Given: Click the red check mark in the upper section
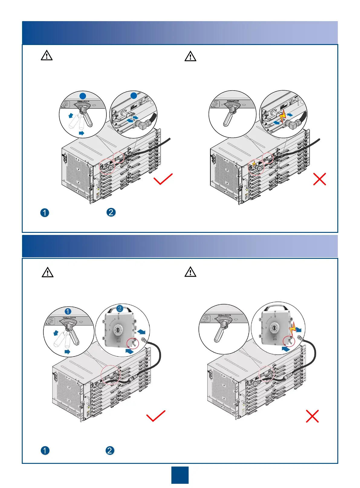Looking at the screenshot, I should click(x=163, y=179).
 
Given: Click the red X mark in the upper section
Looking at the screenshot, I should click(x=319, y=179).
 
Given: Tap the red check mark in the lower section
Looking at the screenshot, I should click(x=156, y=416).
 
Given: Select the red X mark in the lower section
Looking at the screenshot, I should click(x=312, y=416).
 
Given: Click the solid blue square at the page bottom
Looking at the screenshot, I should click(x=180, y=475).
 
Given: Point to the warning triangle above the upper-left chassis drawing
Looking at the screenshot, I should click(x=47, y=56).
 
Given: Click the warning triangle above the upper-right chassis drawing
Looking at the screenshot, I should click(x=190, y=56).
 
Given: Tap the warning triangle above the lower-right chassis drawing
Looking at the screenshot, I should click(x=190, y=272).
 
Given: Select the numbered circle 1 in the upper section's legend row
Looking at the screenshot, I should click(x=45, y=213).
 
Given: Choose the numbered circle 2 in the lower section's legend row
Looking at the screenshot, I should click(x=110, y=451).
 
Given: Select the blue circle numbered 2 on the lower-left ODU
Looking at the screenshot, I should click(x=120, y=308).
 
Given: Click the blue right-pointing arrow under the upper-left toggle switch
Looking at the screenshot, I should click(x=81, y=133).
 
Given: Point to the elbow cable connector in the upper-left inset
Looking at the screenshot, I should click(x=142, y=124).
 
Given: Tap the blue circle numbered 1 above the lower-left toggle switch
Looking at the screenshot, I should click(x=68, y=311).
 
